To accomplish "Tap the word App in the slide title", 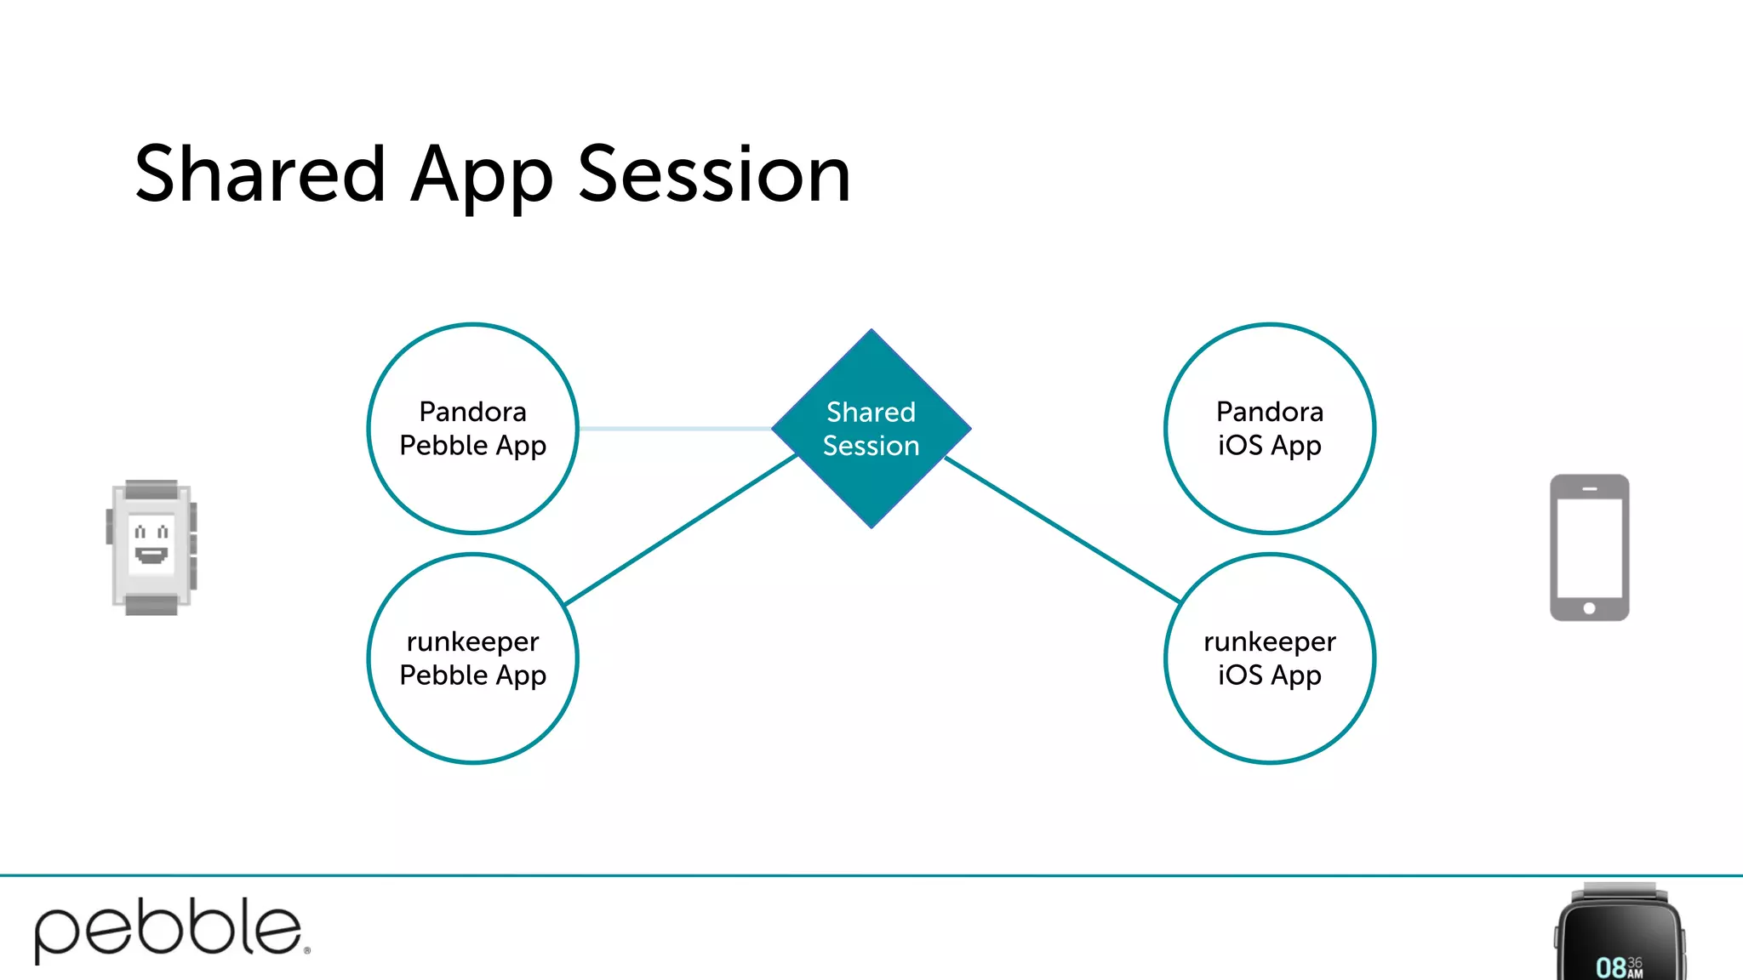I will [481, 177].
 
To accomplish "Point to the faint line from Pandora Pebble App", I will [672, 429].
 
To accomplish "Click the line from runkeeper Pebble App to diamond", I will [681, 530].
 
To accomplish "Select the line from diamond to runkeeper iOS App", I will [1064, 530].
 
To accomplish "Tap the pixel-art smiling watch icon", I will [151, 547].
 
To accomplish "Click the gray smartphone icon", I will [1589, 547].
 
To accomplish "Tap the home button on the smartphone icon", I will [1589, 608].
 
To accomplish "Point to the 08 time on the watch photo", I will [1611, 967].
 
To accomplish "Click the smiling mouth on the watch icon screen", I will [151, 556].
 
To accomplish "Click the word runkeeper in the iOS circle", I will [1269, 641].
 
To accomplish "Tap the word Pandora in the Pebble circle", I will [472, 412].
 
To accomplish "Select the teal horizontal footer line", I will [851, 875].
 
